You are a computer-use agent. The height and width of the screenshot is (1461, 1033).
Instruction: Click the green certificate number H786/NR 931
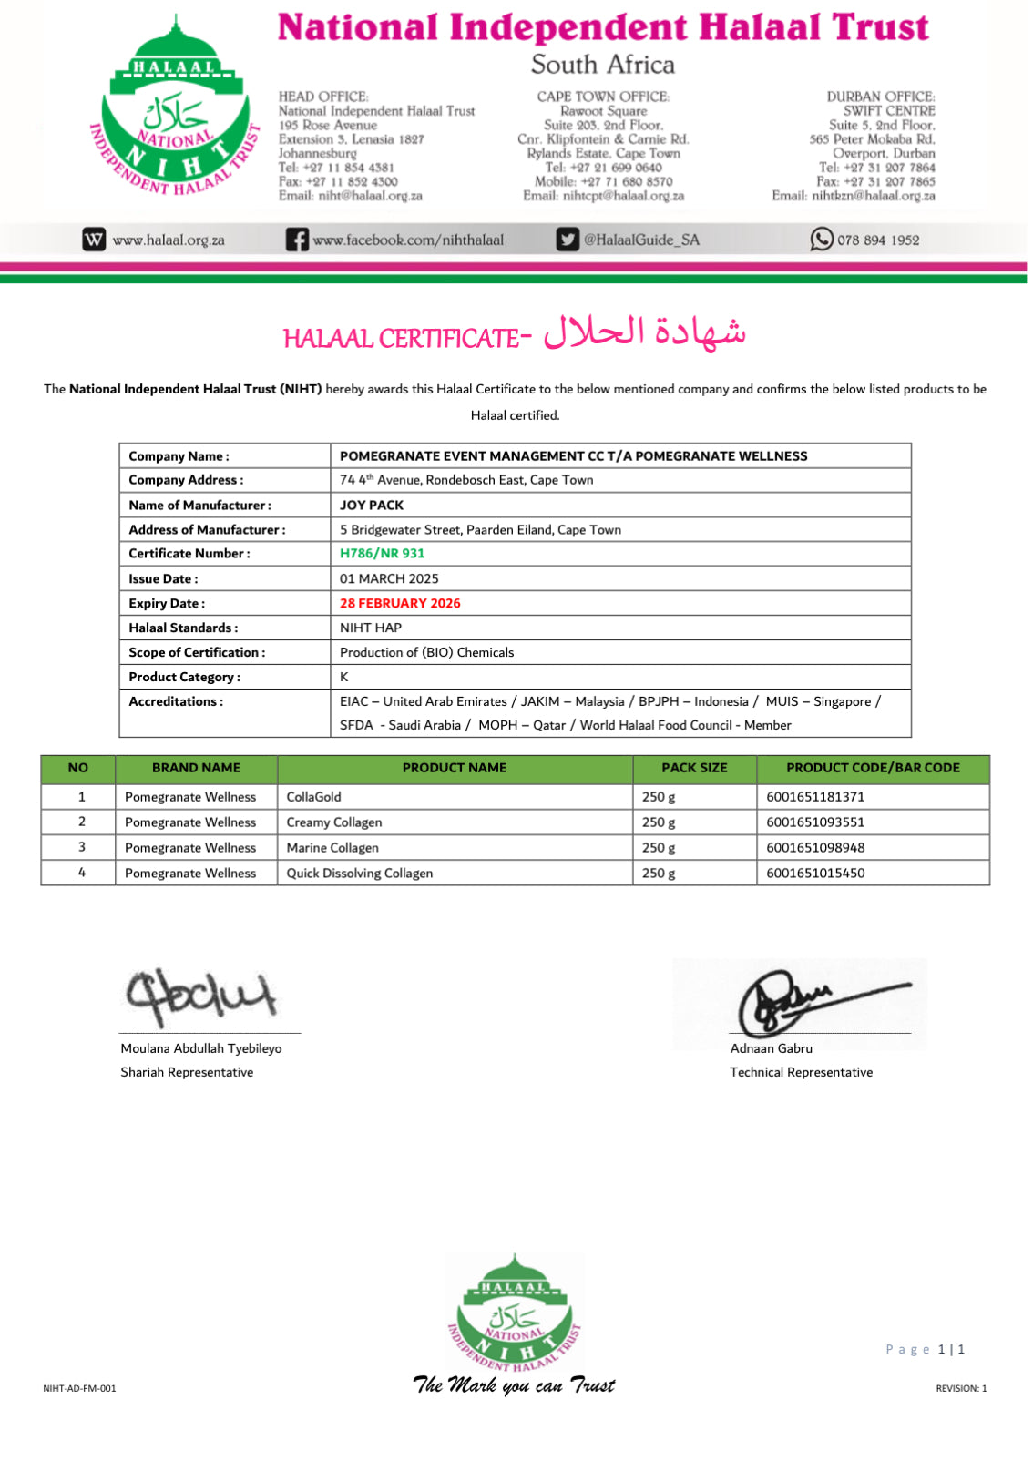point(382,553)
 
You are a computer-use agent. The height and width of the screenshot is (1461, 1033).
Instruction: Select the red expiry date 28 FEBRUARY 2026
point(400,603)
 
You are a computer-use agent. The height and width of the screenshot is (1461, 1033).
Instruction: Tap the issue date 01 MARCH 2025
point(389,578)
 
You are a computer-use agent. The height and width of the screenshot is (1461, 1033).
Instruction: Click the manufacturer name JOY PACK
point(372,505)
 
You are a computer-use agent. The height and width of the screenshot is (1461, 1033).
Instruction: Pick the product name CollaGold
point(314,796)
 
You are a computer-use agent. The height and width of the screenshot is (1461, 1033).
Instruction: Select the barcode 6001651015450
point(815,873)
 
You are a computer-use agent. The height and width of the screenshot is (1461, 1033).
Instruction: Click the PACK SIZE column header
point(694,768)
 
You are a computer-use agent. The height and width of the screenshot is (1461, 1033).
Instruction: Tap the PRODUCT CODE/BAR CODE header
point(873,768)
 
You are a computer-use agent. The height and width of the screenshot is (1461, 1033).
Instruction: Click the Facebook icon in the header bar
point(297,240)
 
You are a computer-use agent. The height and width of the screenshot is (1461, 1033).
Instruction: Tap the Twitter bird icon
point(568,240)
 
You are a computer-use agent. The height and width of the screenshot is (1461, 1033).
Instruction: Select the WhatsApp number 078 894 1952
point(878,240)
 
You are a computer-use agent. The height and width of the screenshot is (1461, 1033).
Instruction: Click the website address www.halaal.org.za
point(169,240)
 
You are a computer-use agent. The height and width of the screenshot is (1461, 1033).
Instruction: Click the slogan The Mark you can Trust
point(514,1385)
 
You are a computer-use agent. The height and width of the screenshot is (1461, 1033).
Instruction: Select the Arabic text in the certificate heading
point(645,333)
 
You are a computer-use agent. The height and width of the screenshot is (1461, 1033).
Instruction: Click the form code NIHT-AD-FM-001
point(79,1388)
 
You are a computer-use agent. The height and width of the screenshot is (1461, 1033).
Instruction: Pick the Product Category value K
point(344,677)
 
